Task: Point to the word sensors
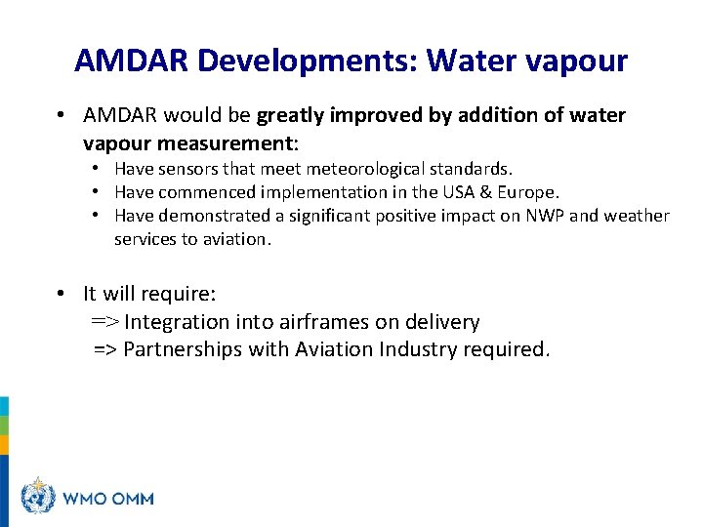(x=186, y=170)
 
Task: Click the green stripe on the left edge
(x=4, y=426)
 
